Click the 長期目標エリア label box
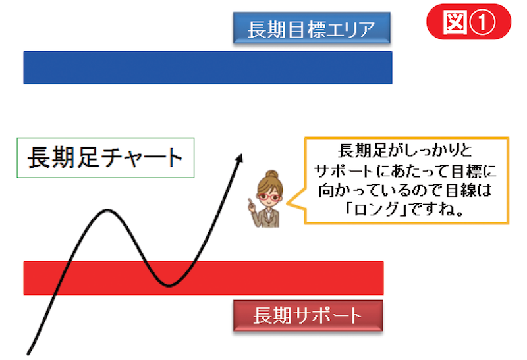pyautogui.click(x=312, y=28)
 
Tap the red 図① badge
pyautogui.click(x=468, y=22)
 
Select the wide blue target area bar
pyautogui.click(x=208, y=68)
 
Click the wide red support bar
pyautogui.click(x=204, y=278)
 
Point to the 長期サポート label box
pyautogui.click(x=308, y=316)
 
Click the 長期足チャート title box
pyautogui.click(x=105, y=157)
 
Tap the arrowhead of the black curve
pyautogui.click(x=240, y=157)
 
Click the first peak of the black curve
pyautogui.click(x=107, y=211)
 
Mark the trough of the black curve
pyautogui.click(x=169, y=286)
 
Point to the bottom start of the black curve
pyautogui.click(x=28, y=353)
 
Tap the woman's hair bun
pyautogui.click(x=272, y=174)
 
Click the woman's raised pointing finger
pyautogui.click(x=250, y=203)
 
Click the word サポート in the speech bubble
pyautogui.click(x=343, y=171)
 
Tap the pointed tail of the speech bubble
pyautogui.click(x=287, y=203)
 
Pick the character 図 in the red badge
pyautogui.click(x=455, y=22)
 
